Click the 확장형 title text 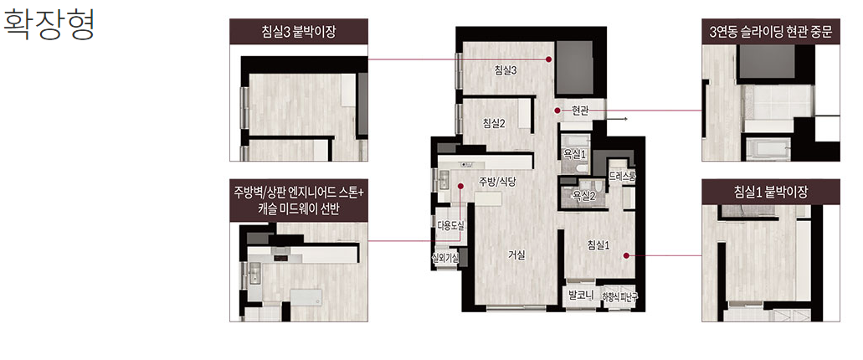49,24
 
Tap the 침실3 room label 506,70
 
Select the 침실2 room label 494,123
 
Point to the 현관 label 580,111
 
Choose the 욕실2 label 584,195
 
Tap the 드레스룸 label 623,177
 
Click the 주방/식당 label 497,181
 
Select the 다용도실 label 451,224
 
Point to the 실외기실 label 446,257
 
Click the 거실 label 516,255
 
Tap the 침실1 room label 598,245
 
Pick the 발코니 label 580,296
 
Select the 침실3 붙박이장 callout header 299,32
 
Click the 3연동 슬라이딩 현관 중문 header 771,32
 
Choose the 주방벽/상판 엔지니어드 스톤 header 299,193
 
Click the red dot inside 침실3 548,59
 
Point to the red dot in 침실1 626,255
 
